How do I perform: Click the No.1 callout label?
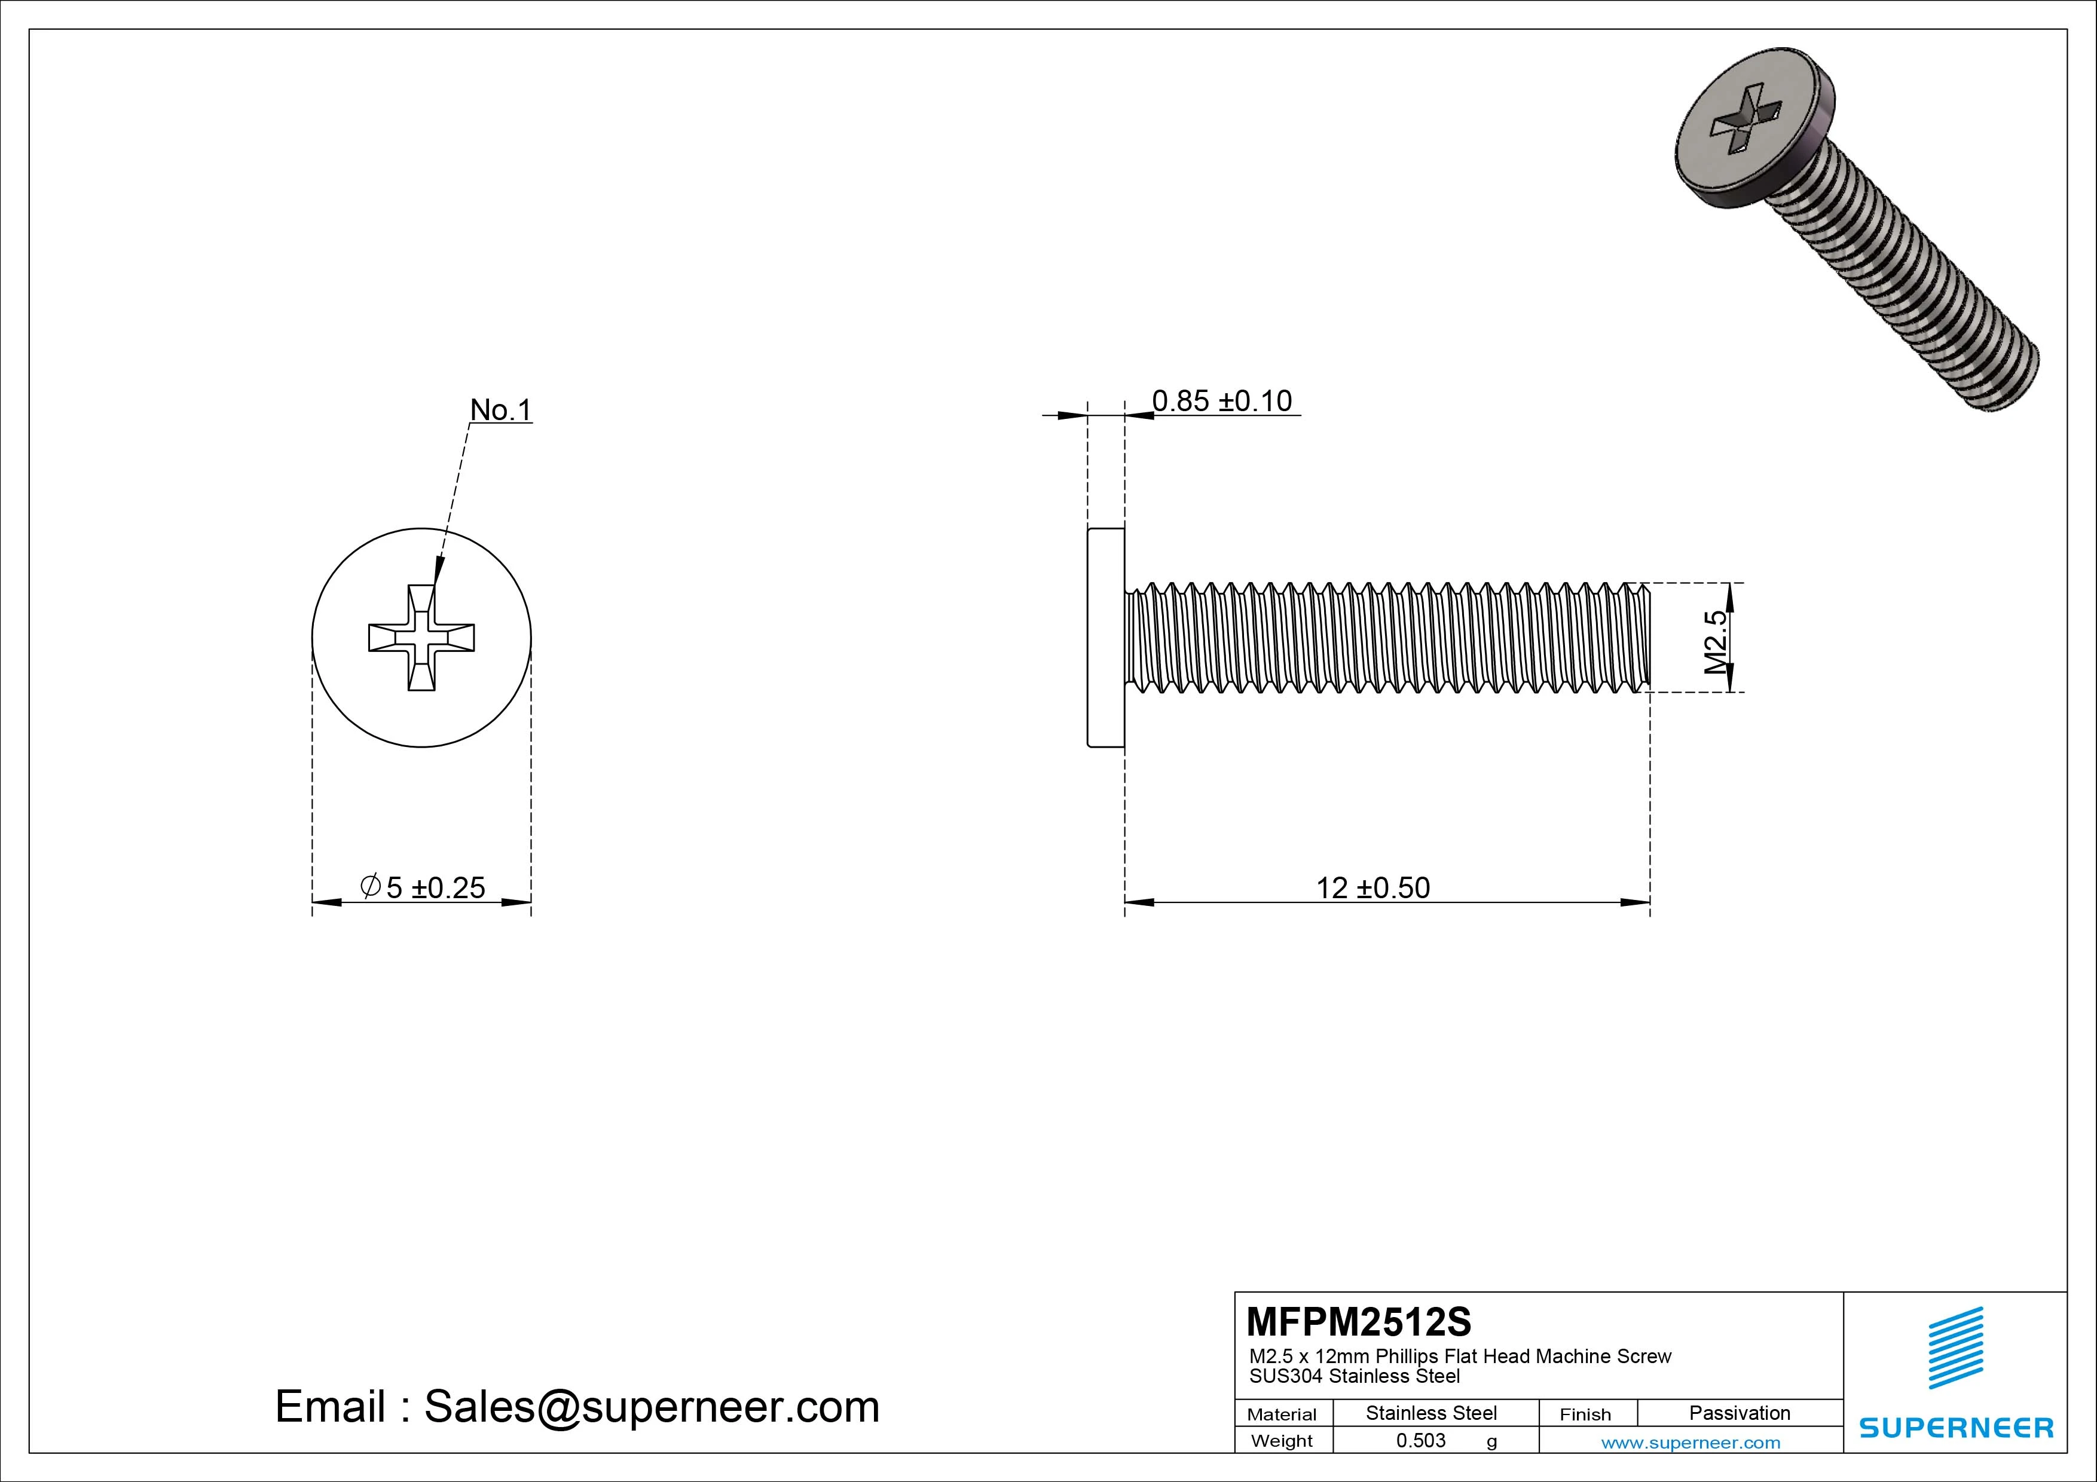[500, 410]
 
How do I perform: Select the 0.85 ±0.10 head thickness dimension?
[1221, 401]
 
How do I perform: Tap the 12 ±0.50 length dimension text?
[1372, 887]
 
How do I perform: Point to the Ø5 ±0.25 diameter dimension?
[423, 887]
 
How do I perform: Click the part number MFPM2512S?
[1359, 1321]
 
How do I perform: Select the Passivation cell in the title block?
[1739, 1413]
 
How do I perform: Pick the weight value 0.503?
[1421, 1440]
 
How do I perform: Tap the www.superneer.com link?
[1691, 1443]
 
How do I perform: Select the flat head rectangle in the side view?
[1105, 638]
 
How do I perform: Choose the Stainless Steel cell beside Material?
[1431, 1413]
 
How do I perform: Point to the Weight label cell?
[1282, 1441]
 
